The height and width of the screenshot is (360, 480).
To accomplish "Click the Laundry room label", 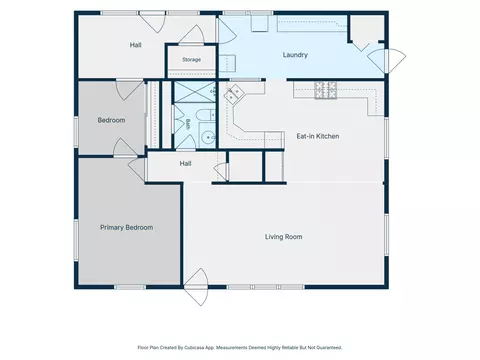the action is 295,55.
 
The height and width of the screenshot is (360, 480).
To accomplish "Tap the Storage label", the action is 191,60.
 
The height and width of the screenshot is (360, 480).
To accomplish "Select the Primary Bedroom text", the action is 127,228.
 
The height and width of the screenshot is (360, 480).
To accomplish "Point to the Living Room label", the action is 284,237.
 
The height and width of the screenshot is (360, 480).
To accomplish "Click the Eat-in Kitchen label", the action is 318,136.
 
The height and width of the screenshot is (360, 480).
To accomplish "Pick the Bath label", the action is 188,124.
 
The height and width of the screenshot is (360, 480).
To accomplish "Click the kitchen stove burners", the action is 325,90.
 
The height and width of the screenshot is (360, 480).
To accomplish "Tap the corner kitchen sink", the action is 234,93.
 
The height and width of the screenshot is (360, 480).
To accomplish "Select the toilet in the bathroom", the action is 206,115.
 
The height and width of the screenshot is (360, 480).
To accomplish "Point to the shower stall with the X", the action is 195,92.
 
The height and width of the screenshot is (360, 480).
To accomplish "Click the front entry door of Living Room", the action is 196,287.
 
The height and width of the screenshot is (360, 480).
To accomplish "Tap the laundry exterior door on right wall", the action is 387,60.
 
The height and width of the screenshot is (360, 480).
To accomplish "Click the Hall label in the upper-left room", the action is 135,45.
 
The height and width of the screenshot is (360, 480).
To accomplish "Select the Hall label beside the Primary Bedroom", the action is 185,163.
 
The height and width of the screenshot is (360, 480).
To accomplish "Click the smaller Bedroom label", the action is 111,120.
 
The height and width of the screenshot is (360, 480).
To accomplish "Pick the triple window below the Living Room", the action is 265,287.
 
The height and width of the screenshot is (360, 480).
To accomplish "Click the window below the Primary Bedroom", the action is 130,287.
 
